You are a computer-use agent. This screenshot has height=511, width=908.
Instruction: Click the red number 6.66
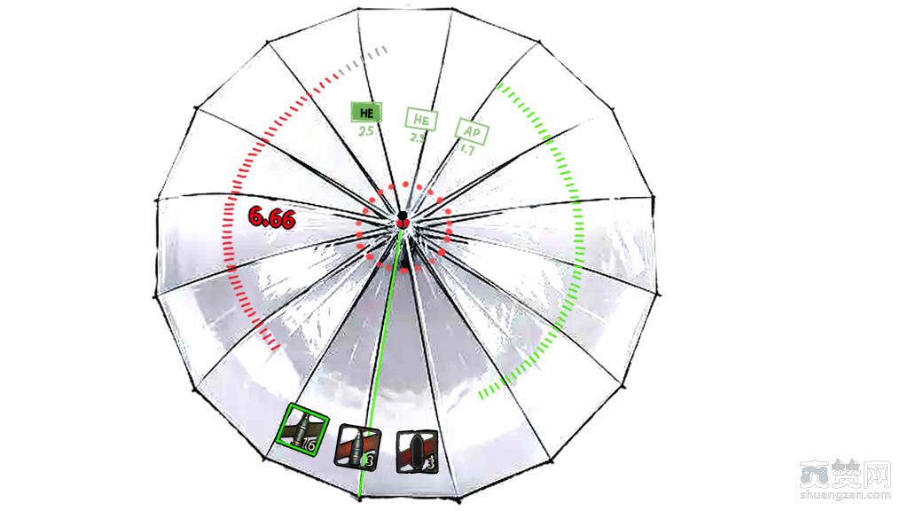click(x=271, y=217)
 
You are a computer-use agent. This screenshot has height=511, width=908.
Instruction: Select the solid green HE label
click(x=365, y=113)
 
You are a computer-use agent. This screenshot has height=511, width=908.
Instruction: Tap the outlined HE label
click(x=421, y=119)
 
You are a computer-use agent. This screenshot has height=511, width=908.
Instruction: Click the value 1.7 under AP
click(x=466, y=150)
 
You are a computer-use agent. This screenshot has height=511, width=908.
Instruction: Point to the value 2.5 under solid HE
click(x=365, y=131)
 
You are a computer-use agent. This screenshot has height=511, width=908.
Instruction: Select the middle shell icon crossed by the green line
click(x=357, y=445)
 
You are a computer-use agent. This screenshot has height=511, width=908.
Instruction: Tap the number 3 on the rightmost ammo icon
click(x=429, y=463)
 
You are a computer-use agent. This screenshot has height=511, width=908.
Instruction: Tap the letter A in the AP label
click(x=467, y=131)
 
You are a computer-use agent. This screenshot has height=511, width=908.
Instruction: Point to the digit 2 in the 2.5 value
click(x=362, y=131)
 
